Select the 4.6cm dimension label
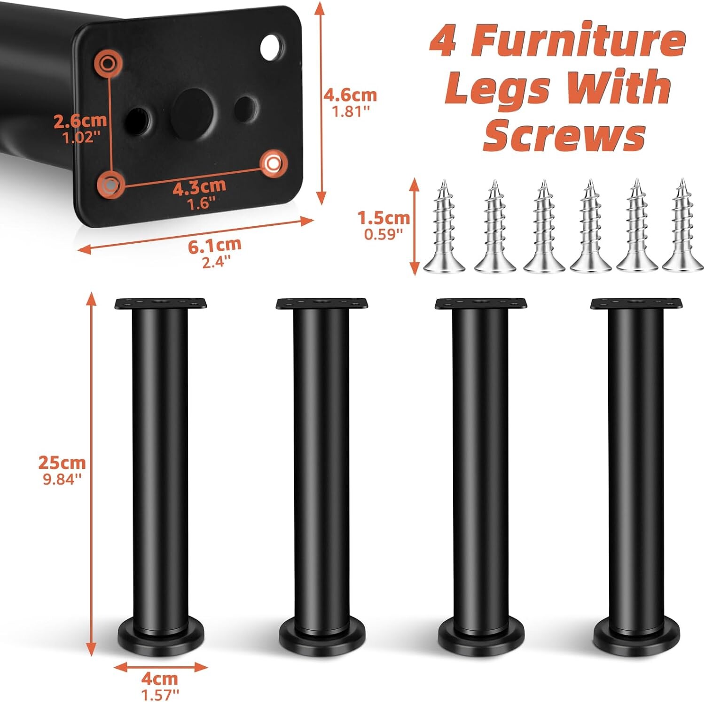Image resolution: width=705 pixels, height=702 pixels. [350, 95]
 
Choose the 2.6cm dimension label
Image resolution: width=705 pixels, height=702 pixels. [80, 121]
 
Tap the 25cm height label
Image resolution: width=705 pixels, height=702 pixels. [62, 463]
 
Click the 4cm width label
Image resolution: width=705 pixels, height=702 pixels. [160, 679]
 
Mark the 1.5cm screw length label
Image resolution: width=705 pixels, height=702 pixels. [384, 218]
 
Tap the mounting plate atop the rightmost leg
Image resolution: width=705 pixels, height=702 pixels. [635, 304]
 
